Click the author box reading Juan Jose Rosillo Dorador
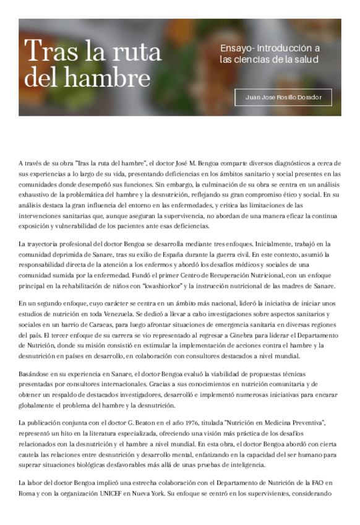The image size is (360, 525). pyautogui.click(x=283, y=97)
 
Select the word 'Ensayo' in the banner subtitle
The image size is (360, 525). pyautogui.click(x=236, y=48)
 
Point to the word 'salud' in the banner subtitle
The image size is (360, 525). pyautogui.click(x=307, y=59)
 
